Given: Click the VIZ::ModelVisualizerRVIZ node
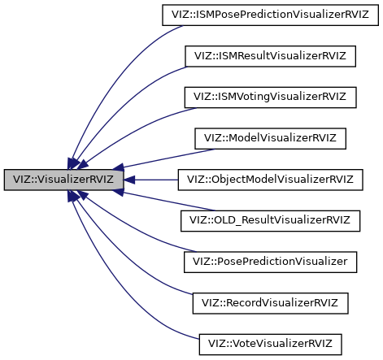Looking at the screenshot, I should tap(270, 137).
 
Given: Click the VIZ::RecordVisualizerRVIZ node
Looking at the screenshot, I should tap(270, 302).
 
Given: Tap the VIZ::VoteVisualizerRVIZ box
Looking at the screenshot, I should tap(270, 343).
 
